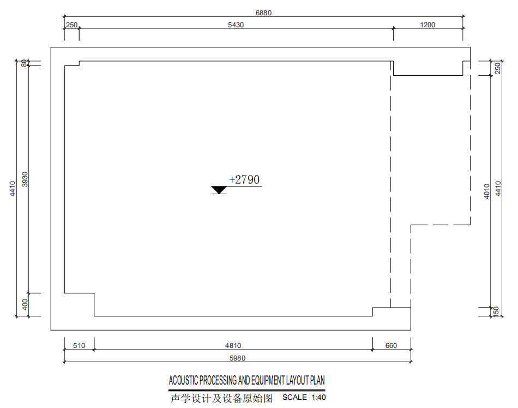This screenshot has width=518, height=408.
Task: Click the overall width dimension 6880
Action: [x=263, y=13]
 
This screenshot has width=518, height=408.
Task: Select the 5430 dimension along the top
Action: [x=236, y=25]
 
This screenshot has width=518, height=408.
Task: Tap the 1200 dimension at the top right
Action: [x=427, y=25]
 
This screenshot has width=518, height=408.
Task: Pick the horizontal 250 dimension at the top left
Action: [x=71, y=25]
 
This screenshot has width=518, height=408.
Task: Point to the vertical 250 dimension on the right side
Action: [x=497, y=68]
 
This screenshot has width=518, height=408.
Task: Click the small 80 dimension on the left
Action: [x=24, y=63]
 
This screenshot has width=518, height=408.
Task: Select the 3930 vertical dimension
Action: [x=25, y=179]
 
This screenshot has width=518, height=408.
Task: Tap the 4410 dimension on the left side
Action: [x=12, y=189]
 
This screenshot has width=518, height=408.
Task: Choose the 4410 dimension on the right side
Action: [x=498, y=189]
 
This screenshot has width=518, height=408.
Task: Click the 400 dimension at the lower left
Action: [x=25, y=304]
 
